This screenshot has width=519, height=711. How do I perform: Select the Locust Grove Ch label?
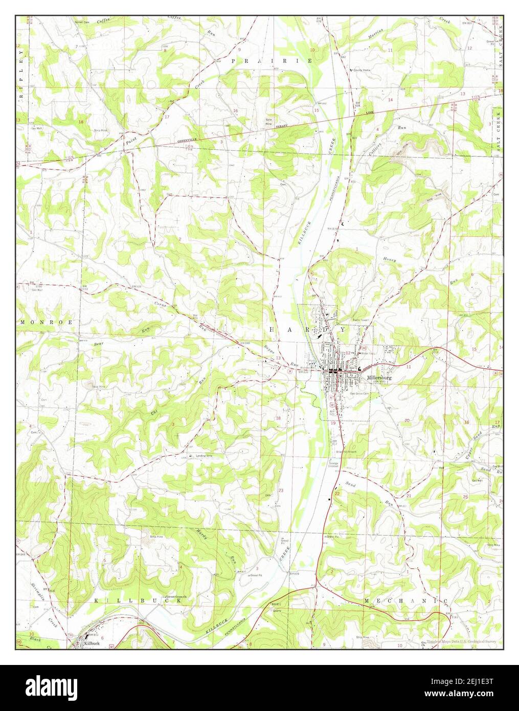pyautogui.click(x=176, y=597)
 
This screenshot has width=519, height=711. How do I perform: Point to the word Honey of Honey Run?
pyautogui.click(x=389, y=260)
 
